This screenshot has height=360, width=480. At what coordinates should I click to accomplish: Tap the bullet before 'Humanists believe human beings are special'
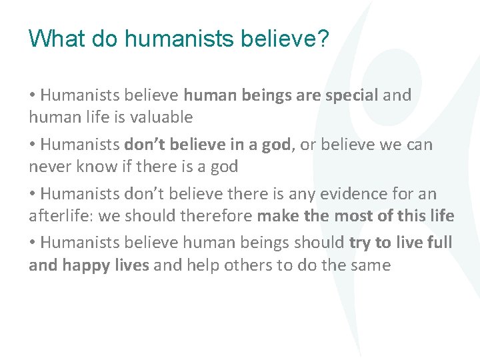pos(32,95)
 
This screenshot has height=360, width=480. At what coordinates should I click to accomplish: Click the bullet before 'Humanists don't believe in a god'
pos(32,145)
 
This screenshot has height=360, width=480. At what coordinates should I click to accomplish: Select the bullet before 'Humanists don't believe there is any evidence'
pos(32,194)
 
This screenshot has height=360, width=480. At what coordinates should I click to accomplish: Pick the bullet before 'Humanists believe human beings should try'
pos(32,243)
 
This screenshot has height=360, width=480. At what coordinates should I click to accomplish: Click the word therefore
pos(218,216)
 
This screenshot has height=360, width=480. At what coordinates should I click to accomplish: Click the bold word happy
pos(85,265)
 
